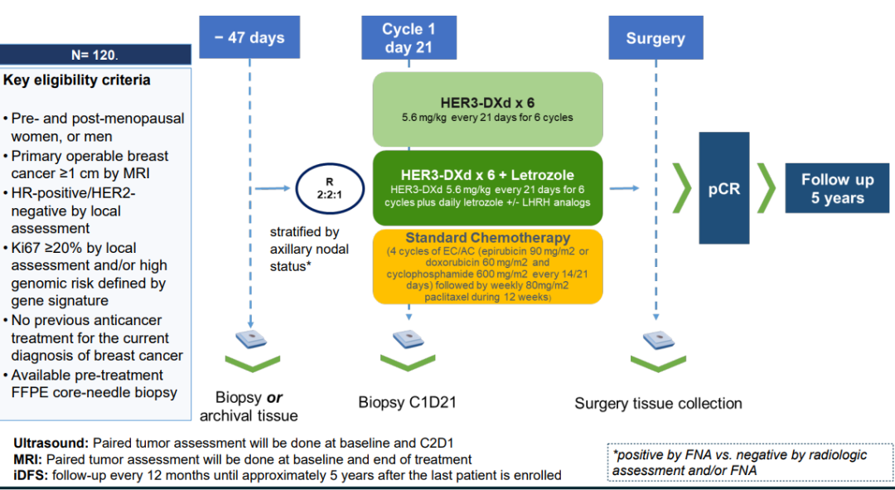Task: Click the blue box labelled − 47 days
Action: tap(249, 37)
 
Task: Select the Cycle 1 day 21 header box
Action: tap(409, 37)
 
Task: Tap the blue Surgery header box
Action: tap(655, 37)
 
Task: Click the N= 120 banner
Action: tap(96, 55)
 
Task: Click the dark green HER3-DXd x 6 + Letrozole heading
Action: tap(488, 175)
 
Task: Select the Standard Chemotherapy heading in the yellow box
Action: tap(488, 239)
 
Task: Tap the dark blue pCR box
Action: tap(724, 188)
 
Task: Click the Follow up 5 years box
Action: tap(837, 188)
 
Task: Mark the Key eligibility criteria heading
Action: tap(77, 80)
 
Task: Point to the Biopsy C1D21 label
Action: tap(408, 403)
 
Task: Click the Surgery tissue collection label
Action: tap(658, 403)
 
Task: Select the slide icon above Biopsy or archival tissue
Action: tap(249, 339)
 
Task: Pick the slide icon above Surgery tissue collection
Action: tap(657, 339)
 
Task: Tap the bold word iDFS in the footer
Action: tap(31, 475)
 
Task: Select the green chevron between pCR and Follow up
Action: tap(767, 188)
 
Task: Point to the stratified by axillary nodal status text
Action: tap(309, 249)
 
